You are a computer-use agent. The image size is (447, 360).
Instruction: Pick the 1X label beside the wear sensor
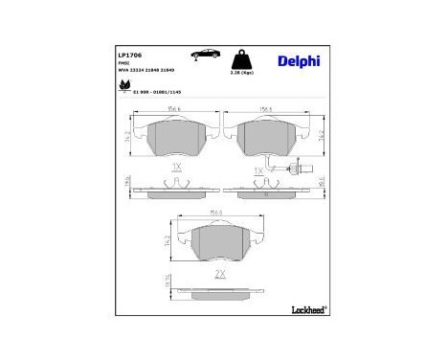pos(257,170)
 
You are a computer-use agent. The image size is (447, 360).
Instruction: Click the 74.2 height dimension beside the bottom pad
pos(172,244)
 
